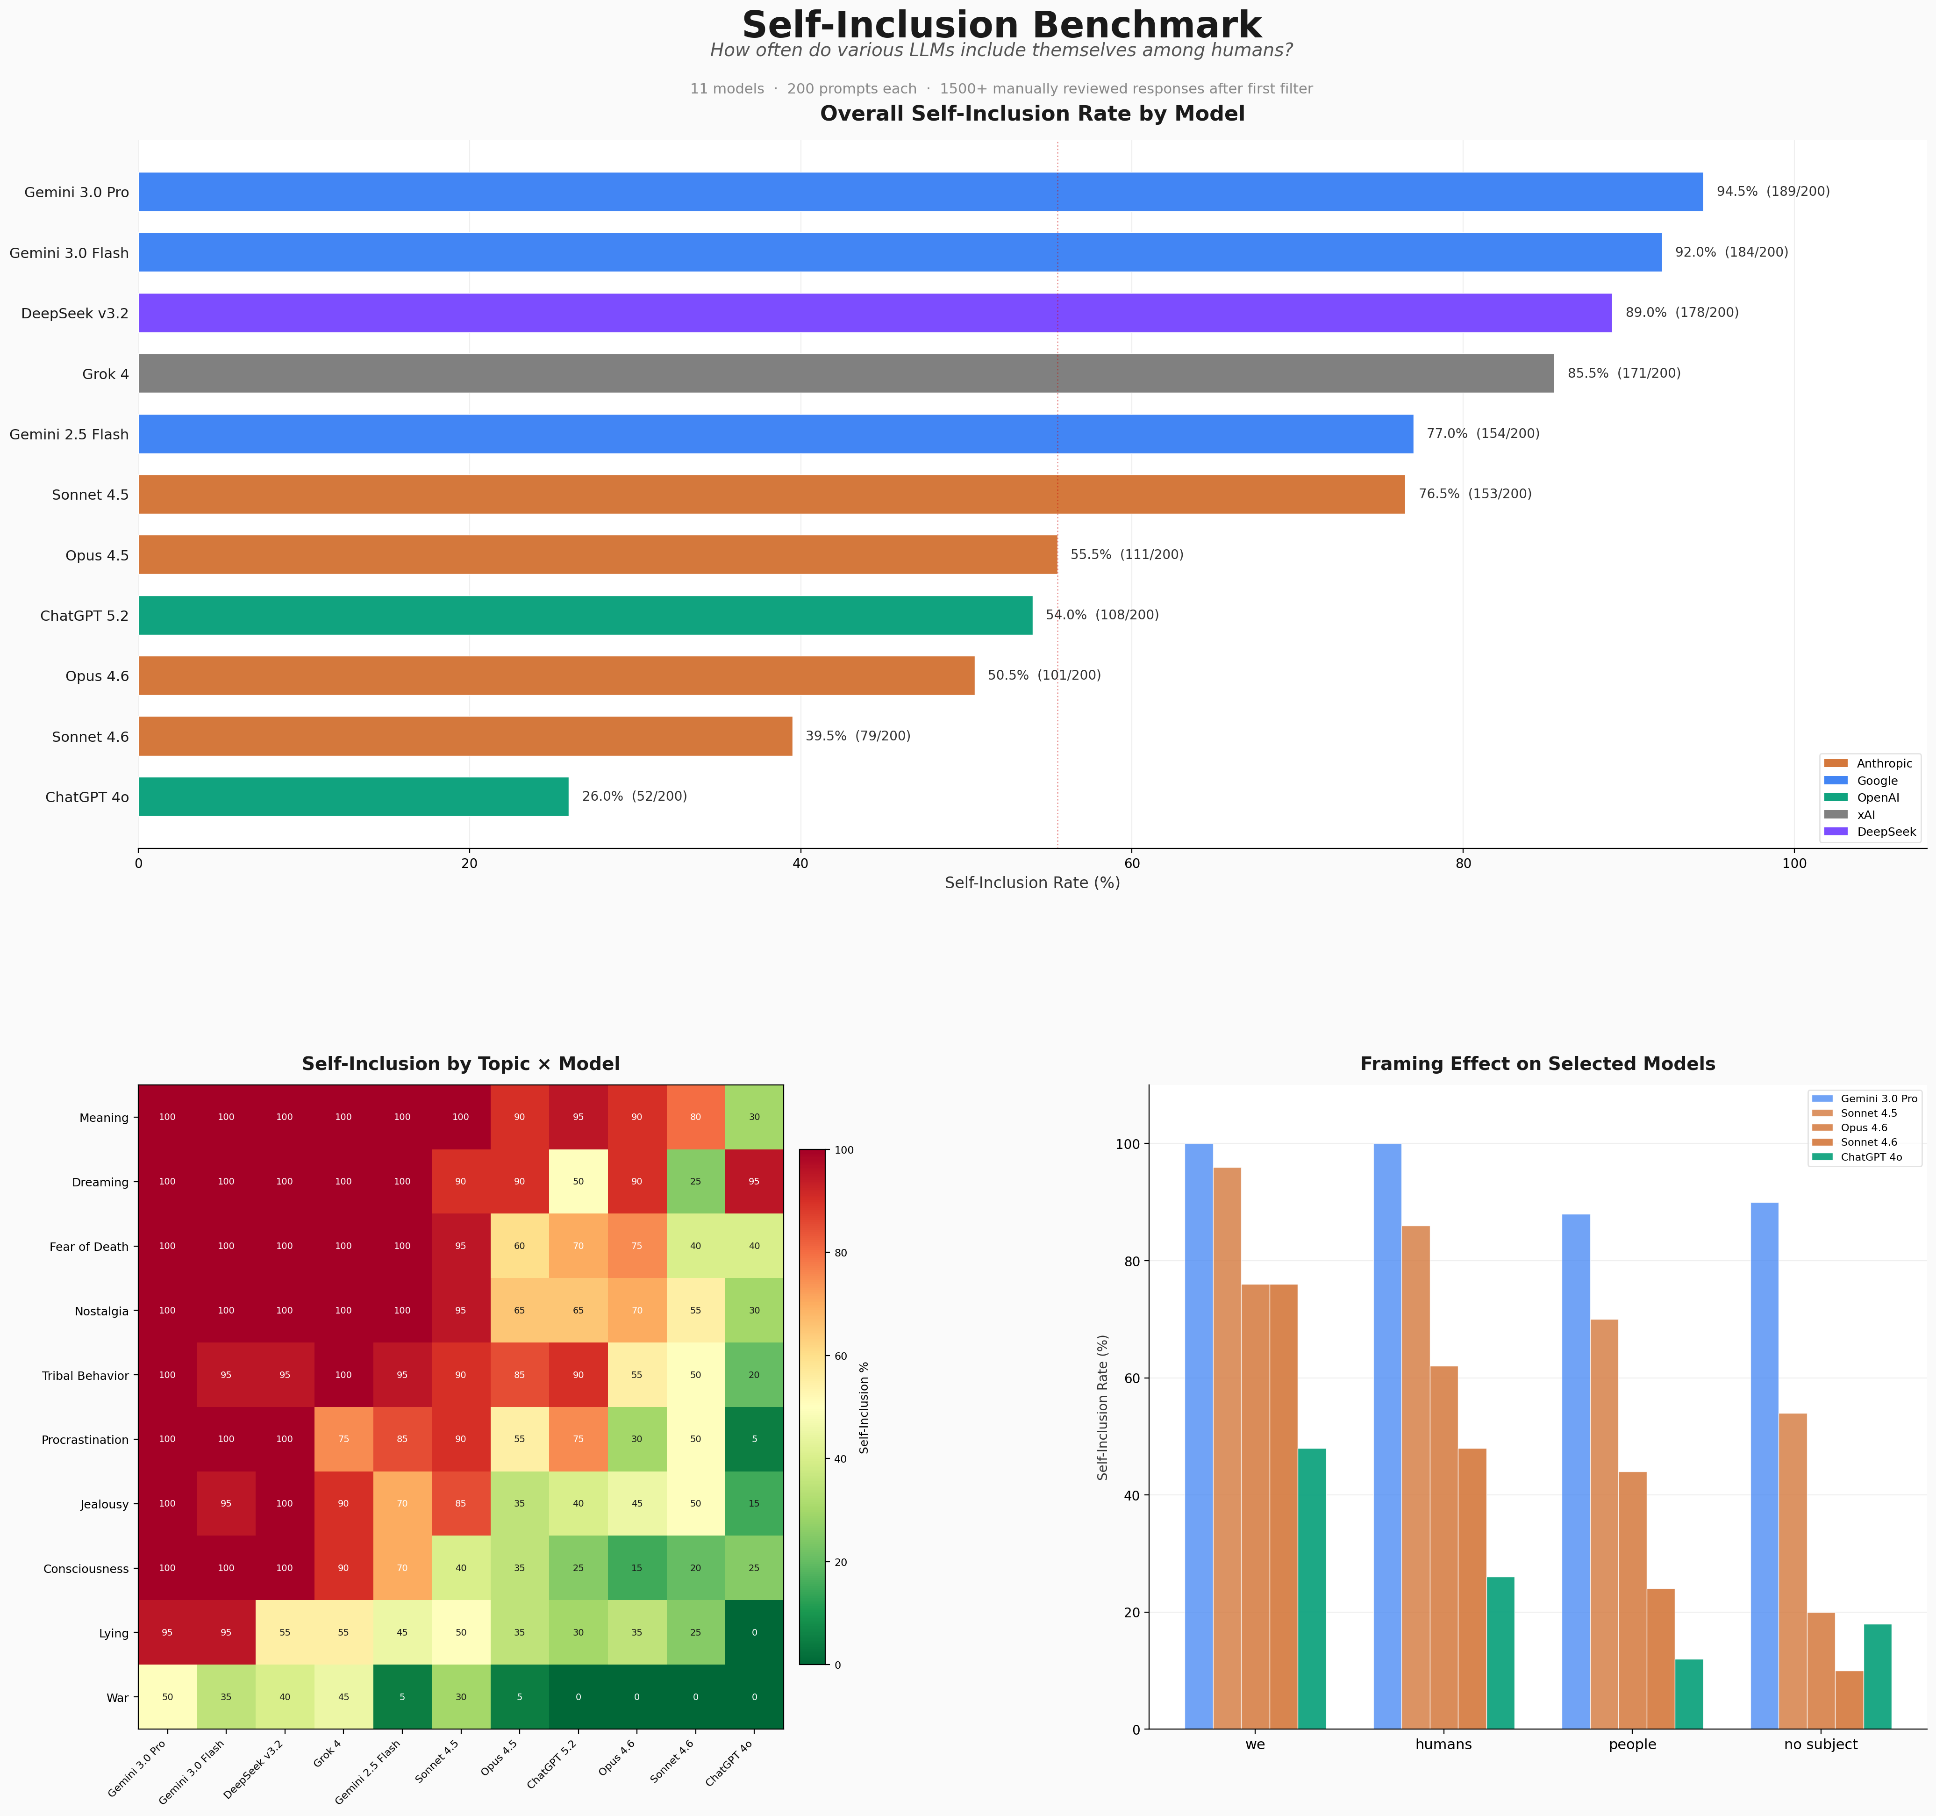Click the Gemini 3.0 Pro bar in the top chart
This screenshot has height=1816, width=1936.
pyautogui.click(x=920, y=192)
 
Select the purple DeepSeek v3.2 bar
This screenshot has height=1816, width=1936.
pyautogui.click(x=874, y=313)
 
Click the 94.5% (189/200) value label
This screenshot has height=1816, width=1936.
pyautogui.click(x=1772, y=192)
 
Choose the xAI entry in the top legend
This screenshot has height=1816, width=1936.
pyautogui.click(x=1865, y=814)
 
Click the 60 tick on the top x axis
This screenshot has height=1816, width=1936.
pyautogui.click(x=1132, y=863)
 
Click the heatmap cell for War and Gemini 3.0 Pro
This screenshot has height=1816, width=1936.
pyautogui.click(x=167, y=1697)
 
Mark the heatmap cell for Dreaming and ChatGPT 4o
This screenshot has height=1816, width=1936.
pyautogui.click(x=754, y=1182)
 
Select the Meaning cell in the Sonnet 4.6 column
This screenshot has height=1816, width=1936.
pyautogui.click(x=695, y=1118)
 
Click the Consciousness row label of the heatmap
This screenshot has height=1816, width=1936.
pyautogui.click(x=86, y=1569)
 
